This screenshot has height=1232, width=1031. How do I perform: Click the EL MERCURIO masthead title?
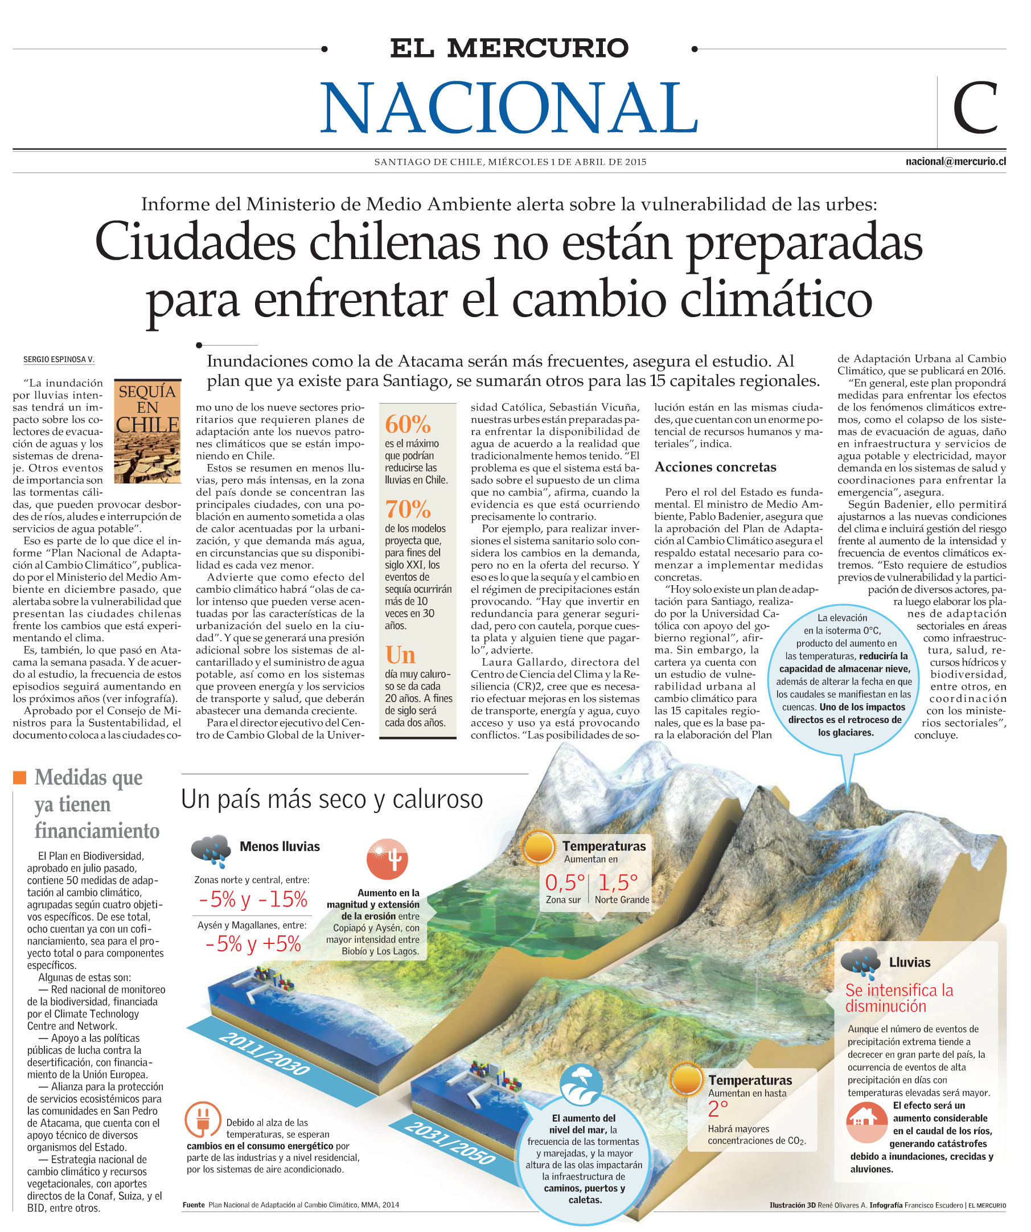[509, 48]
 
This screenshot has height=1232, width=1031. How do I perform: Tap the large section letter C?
[975, 109]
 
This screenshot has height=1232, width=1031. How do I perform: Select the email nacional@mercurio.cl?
[955, 161]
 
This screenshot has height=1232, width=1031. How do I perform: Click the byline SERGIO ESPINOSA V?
[59, 360]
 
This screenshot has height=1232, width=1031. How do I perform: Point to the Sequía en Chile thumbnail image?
[147, 430]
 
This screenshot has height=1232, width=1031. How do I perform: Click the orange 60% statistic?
[408, 424]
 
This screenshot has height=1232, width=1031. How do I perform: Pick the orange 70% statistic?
[408, 508]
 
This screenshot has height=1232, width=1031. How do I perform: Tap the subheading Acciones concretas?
[714, 467]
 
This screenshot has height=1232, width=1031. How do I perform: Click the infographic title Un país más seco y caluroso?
[331, 799]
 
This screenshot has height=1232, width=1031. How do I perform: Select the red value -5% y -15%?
[253, 899]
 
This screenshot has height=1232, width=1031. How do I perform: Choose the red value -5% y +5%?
[253, 943]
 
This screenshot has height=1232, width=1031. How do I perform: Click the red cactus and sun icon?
[387, 859]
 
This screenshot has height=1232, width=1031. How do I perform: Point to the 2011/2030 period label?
[265, 1053]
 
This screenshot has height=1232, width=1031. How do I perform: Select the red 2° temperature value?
[718, 1108]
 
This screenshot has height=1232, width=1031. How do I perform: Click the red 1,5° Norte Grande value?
[618, 882]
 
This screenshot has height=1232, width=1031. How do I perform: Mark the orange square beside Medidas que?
[20, 777]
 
